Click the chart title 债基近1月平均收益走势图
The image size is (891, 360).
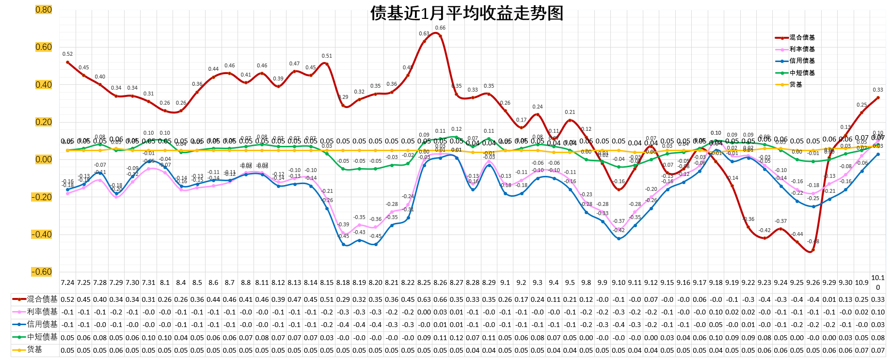coord(466,13)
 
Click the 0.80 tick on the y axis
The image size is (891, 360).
coord(43,10)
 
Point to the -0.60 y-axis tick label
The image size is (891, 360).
coord(42,272)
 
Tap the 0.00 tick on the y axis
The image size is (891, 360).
coord(43,159)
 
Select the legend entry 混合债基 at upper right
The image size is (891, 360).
coord(802,37)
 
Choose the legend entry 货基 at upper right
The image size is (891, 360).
coord(796,84)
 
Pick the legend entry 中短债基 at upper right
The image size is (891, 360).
coord(802,73)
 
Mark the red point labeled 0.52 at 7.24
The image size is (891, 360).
coord(68,62)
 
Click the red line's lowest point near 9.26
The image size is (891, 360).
coord(813,250)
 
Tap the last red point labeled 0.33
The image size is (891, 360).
coord(878,97)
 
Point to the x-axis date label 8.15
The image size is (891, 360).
coord(327,282)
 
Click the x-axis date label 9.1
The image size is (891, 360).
coord(505,282)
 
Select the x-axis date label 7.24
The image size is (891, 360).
coord(67,282)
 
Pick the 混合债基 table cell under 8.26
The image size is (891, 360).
coord(440,299)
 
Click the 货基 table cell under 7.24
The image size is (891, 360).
coord(67,350)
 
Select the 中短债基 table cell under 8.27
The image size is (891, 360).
coord(456,338)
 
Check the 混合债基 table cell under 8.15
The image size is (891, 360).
coord(327,299)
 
